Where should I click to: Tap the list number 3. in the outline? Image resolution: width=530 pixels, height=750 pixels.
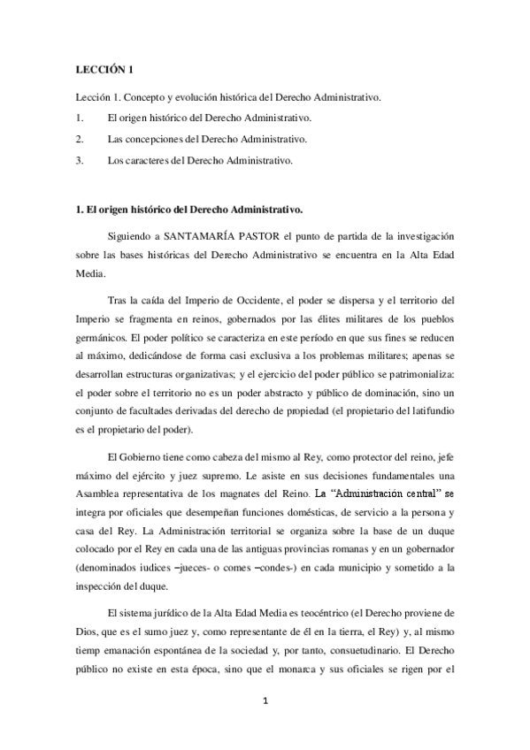(x=80, y=161)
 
